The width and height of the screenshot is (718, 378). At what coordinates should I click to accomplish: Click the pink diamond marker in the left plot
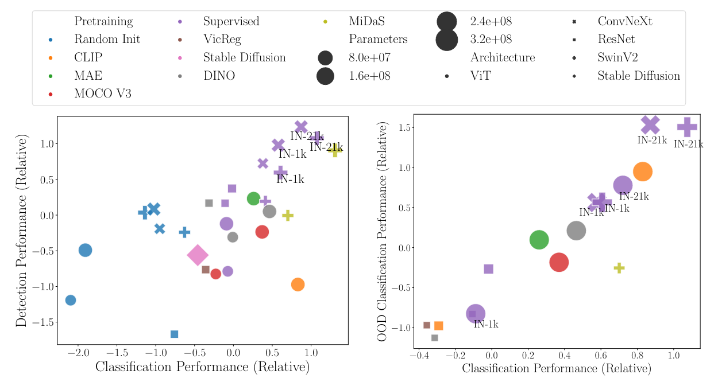198,255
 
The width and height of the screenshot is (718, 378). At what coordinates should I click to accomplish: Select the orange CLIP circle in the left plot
298,285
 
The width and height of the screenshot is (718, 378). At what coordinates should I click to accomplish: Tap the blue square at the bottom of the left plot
174,334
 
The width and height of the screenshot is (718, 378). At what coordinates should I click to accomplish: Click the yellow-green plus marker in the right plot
619,268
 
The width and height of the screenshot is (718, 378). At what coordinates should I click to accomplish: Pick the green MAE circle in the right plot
539,240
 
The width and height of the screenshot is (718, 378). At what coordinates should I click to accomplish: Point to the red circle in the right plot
559,262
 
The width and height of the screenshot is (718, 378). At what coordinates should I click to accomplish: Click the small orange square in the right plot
438,326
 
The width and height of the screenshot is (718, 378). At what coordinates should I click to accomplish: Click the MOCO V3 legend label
102,93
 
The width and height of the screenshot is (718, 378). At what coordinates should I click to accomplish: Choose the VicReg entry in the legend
222,40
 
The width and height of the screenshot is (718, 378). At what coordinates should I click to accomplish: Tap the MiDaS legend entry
367,22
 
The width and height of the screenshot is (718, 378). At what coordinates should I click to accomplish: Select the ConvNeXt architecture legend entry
625,22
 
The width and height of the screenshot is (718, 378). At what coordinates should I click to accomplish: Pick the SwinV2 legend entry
617,57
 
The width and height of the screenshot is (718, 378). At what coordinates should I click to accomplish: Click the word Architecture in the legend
503,57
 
